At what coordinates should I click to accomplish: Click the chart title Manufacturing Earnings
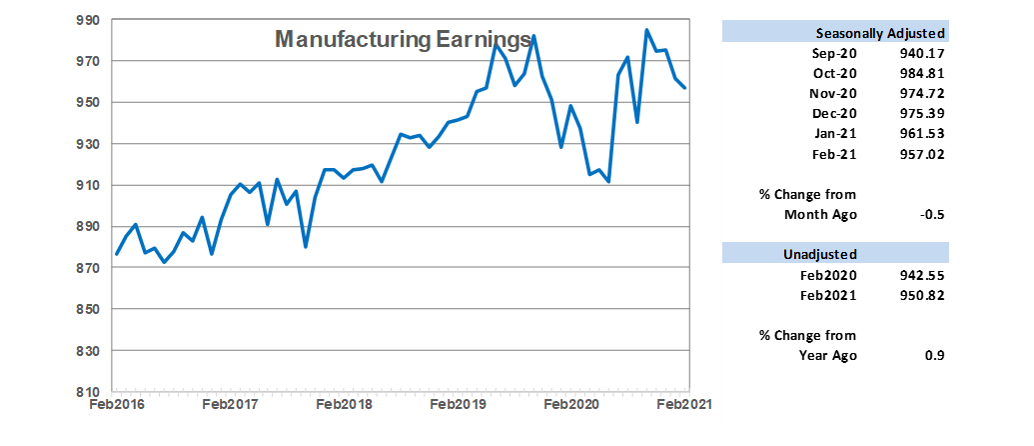point(402,39)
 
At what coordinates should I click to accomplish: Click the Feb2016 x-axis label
point(114,405)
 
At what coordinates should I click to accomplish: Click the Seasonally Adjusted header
point(880,32)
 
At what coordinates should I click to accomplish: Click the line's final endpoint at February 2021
point(685,88)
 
